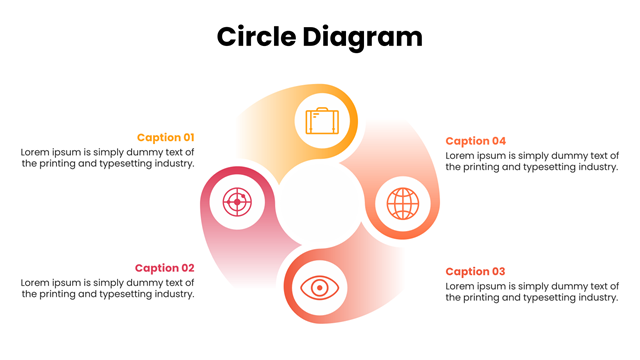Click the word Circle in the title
[x=256, y=37]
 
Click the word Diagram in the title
[x=362, y=39]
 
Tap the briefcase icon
[x=322, y=121]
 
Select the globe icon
[x=403, y=204]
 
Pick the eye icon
[x=320, y=288]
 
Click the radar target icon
[x=237, y=202]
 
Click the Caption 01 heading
[x=166, y=138]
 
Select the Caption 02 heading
[x=164, y=268]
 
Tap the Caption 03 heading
[x=475, y=271]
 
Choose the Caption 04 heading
[x=476, y=141]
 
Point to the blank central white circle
[x=320, y=203]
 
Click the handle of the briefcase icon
[x=322, y=109]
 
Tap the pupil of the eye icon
[x=320, y=288]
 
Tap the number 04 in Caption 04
[x=498, y=141]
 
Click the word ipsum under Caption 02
[x=67, y=283]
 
